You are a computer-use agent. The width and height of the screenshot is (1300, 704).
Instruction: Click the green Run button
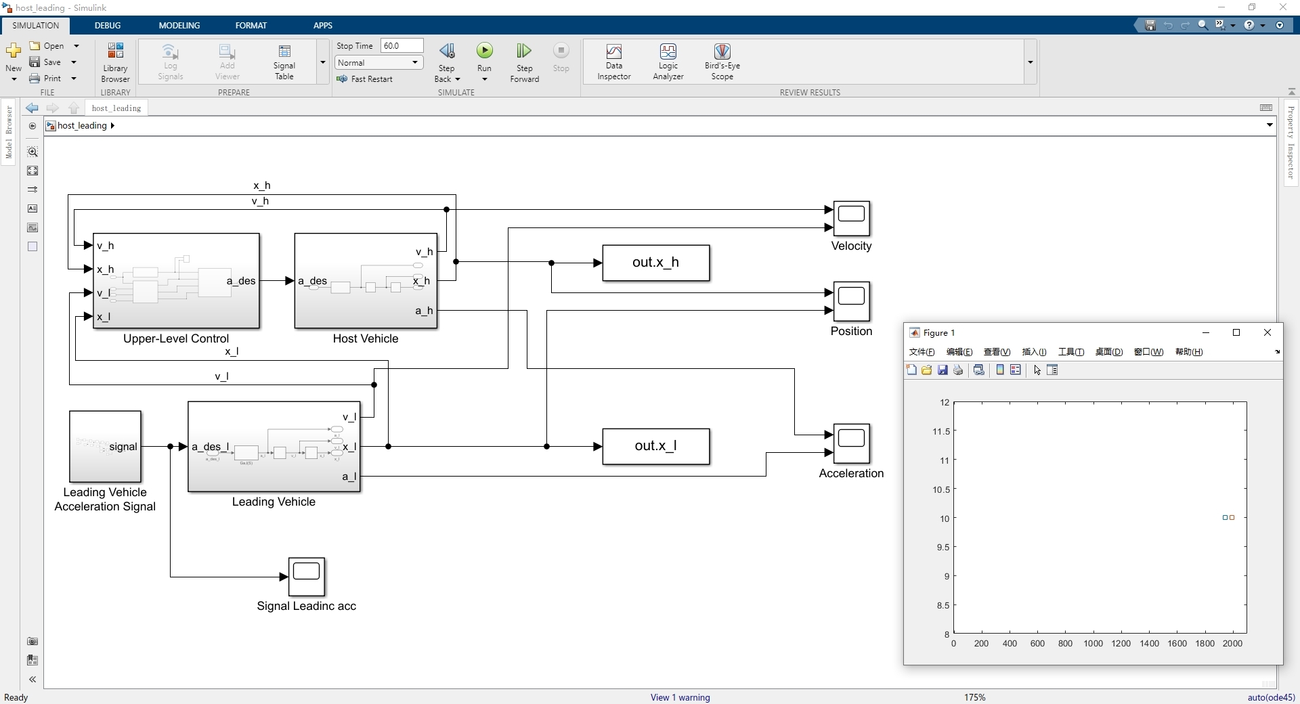(485, 51)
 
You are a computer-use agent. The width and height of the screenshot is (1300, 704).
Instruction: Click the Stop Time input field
(402, 45)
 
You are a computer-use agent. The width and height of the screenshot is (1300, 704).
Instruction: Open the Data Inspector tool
(614, 61)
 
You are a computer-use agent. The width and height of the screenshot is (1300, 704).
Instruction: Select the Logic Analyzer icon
(668, 61)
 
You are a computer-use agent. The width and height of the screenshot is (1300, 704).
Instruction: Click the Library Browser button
(115, 61)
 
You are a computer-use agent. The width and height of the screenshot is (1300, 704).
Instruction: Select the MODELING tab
(179, 25)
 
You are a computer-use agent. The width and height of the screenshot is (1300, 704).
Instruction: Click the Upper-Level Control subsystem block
(176, 281)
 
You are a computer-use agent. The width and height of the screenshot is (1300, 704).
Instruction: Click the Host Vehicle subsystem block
(366, 281)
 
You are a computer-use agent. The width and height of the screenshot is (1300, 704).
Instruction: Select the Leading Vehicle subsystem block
(274, 447)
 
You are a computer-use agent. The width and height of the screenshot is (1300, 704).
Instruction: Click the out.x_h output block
(656, 263)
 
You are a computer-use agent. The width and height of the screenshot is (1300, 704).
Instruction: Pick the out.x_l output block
(656, 446)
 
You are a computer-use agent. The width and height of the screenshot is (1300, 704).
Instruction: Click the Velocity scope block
(851, 218)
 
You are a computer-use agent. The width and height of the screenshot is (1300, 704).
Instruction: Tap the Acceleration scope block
(851, 443)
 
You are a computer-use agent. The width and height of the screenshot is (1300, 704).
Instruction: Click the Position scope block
(851, 301)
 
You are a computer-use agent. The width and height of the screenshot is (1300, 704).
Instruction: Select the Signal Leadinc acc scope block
(307, 577)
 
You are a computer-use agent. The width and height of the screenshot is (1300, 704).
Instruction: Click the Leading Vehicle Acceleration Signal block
(105, 447)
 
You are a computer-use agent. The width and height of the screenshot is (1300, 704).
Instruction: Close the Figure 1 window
(1267, 332)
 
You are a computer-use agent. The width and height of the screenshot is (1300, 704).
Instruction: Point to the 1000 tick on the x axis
(1093, 644)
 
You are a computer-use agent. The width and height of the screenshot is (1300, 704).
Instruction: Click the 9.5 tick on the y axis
(942, 548)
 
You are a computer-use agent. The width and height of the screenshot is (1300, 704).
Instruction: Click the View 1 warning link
(680, 697)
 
